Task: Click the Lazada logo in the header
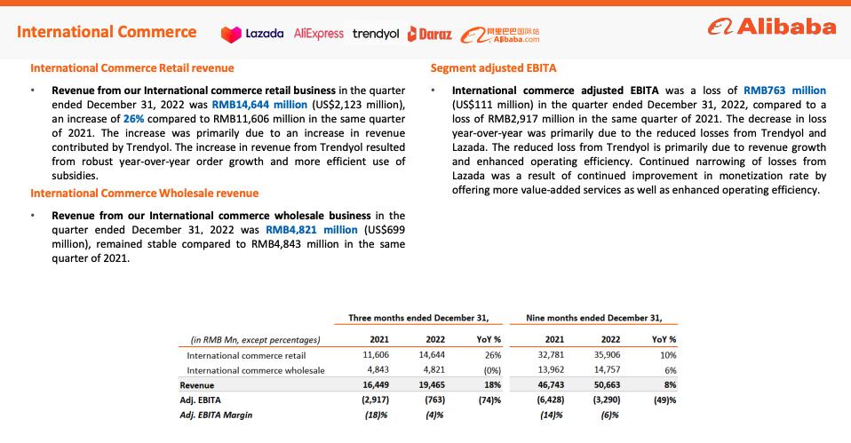point(252,34)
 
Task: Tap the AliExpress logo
point(318,34)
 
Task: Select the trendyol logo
point(376,34)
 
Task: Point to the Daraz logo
point(430,34)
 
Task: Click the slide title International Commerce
point(107,32)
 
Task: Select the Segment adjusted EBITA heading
point(493,68)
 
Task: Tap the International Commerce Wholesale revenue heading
point(145,194)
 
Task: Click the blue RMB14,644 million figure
point(259,104)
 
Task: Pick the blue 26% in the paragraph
point(108,117)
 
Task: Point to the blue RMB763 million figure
point(783,91)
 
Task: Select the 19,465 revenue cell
point(431,385)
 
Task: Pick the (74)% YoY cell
point(489,400)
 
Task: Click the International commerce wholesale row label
point(256,370)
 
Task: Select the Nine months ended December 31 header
point(594,318)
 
